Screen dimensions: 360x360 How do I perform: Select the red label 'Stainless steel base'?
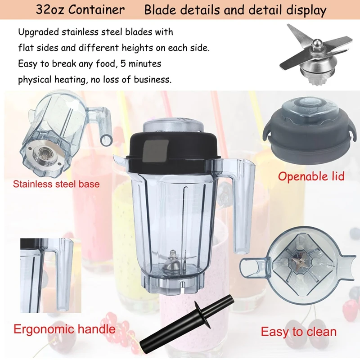pos(56,184)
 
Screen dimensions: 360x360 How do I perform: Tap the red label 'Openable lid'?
pos(311,175)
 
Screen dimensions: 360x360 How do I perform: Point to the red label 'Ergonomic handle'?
pos(64,328)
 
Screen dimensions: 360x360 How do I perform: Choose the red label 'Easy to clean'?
pos(298,332)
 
